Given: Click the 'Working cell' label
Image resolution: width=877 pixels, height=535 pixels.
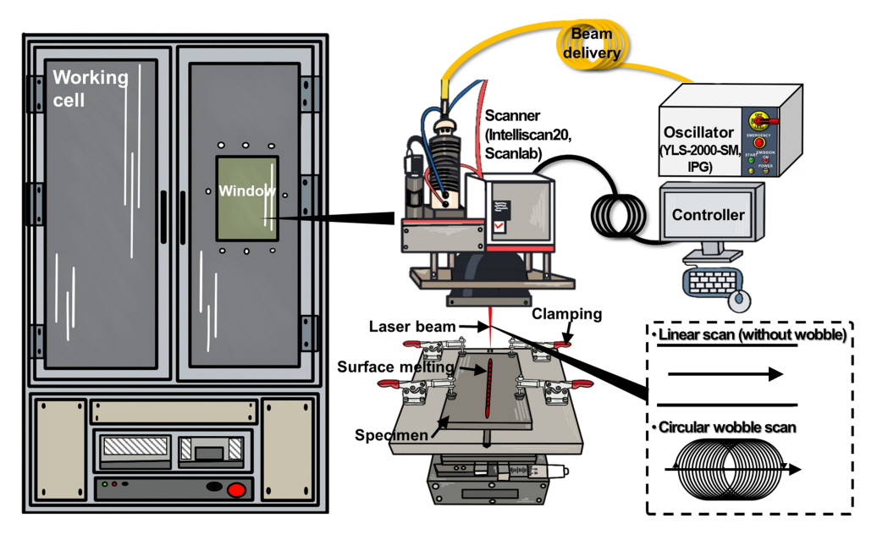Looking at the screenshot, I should [91, 89].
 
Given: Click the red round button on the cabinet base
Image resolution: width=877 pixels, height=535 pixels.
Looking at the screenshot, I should [238, 488].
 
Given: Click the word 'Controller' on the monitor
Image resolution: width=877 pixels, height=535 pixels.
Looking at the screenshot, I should [708, 215].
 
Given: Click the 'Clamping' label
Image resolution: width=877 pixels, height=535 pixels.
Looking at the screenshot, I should [567, 315].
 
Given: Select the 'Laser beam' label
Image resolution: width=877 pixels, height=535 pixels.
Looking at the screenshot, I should [404, 326].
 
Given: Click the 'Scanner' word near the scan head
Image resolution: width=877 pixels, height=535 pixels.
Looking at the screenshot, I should [510, 116].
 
